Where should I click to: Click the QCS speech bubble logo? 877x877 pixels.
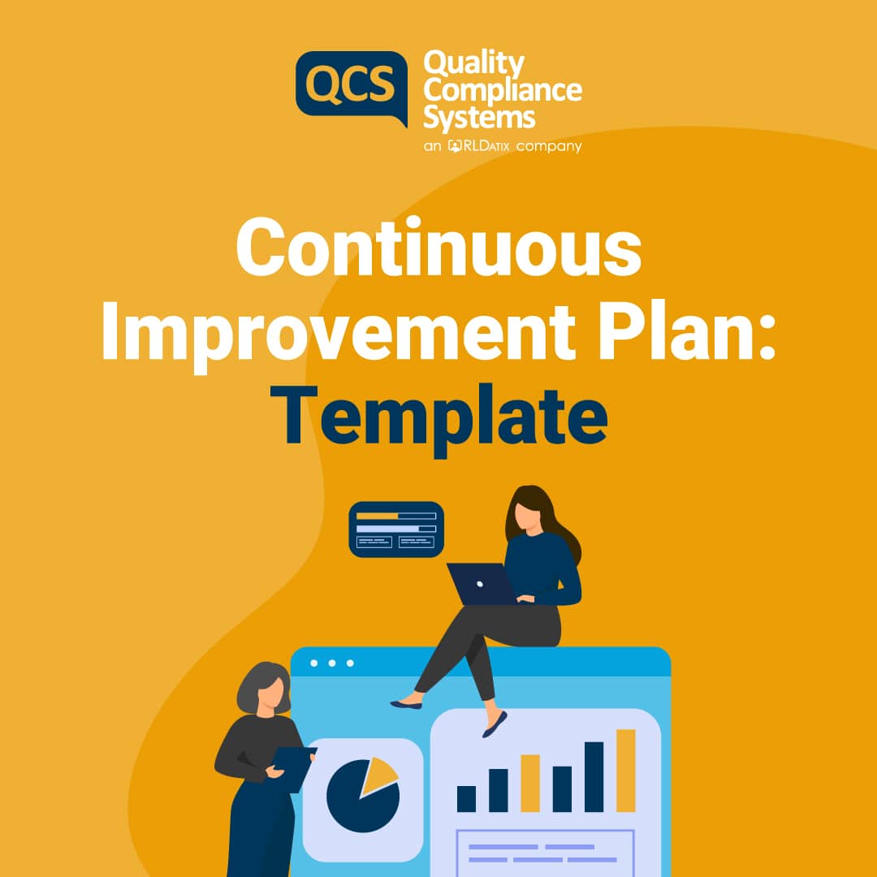click(351, 84)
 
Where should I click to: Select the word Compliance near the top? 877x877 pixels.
click(502, 90)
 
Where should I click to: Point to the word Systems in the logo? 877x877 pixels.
click(479, 117)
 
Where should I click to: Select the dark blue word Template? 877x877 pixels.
click(444, 418)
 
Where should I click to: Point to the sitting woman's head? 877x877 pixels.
click(526, 512)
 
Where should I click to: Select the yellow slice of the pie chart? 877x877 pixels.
click(378, 774)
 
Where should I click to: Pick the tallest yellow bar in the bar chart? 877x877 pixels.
click(625, 771)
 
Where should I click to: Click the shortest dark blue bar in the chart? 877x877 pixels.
click(466, 797)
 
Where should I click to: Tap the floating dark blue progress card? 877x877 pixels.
click(396, 529)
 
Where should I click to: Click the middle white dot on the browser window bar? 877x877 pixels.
click(333, 663)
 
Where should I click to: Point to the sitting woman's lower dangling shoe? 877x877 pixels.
click(495, 724)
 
